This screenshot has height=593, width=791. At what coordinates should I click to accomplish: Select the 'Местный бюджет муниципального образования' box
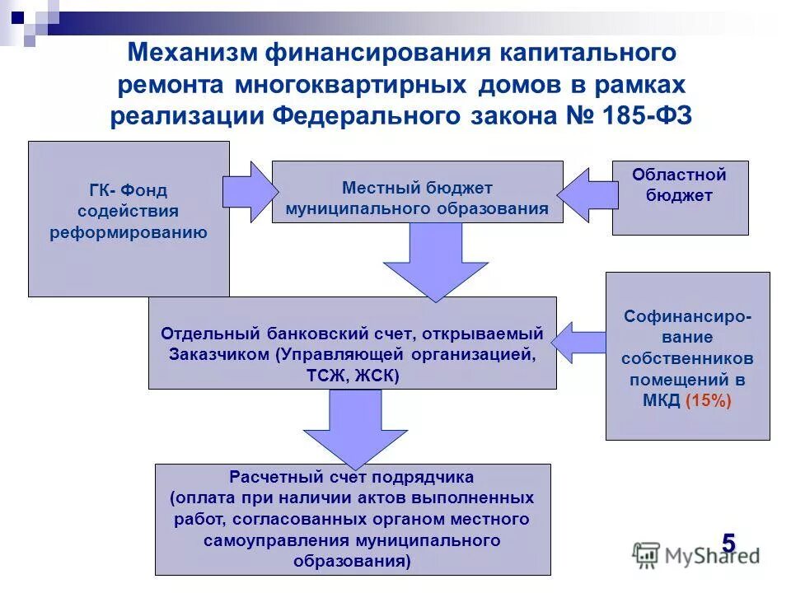pos(417,192)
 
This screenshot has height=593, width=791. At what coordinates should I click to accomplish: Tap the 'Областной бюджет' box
pos(680,198)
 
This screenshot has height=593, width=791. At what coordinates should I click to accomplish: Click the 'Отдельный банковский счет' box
pos(352,343)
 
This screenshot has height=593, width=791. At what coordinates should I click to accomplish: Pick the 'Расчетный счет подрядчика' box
pos(352,519)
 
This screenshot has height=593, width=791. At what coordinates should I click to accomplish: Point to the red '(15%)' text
pos(707,401)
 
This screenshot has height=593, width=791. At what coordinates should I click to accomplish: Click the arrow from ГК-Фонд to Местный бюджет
pos(250,193)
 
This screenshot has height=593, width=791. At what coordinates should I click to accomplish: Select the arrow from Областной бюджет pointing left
pos(585,195)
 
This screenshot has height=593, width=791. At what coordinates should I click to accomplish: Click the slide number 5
pos(728,544)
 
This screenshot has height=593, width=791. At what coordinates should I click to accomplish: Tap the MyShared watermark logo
pos(696,555)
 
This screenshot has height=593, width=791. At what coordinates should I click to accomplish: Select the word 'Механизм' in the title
pos(191,54)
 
